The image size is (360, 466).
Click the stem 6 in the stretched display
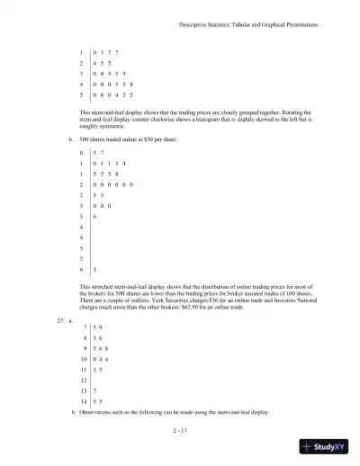click(x=83, y=268)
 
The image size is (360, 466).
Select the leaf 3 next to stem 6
click(x=94, y=268)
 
